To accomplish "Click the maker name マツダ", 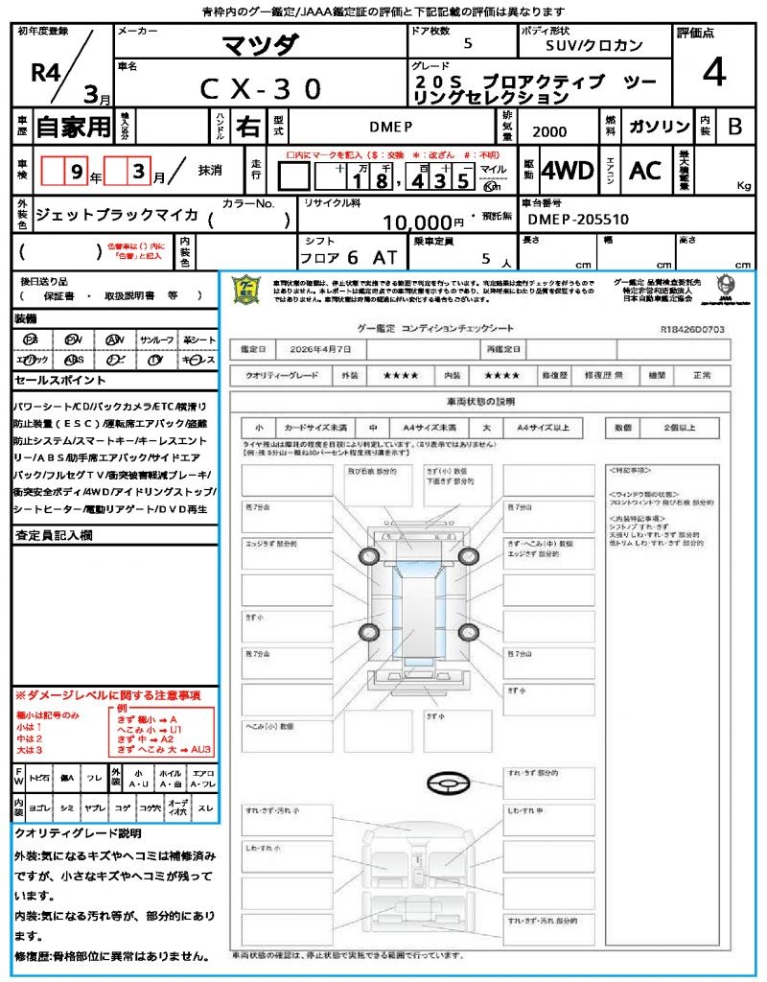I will (260, 45).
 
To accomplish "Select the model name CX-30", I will (261, 89).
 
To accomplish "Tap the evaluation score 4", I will (712, 72).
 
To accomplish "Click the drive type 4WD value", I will (567, 171).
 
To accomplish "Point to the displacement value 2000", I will (548, 131).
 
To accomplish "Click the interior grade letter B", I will (734, 127).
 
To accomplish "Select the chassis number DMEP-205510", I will (579, 220).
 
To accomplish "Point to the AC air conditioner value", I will (645, 171).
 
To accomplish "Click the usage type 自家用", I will (73, 127).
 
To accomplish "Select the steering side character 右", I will (248, 127).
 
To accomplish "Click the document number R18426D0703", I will (692, 329).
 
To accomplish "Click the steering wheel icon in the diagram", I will (448, 783).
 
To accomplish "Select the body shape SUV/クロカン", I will (593, 44).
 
